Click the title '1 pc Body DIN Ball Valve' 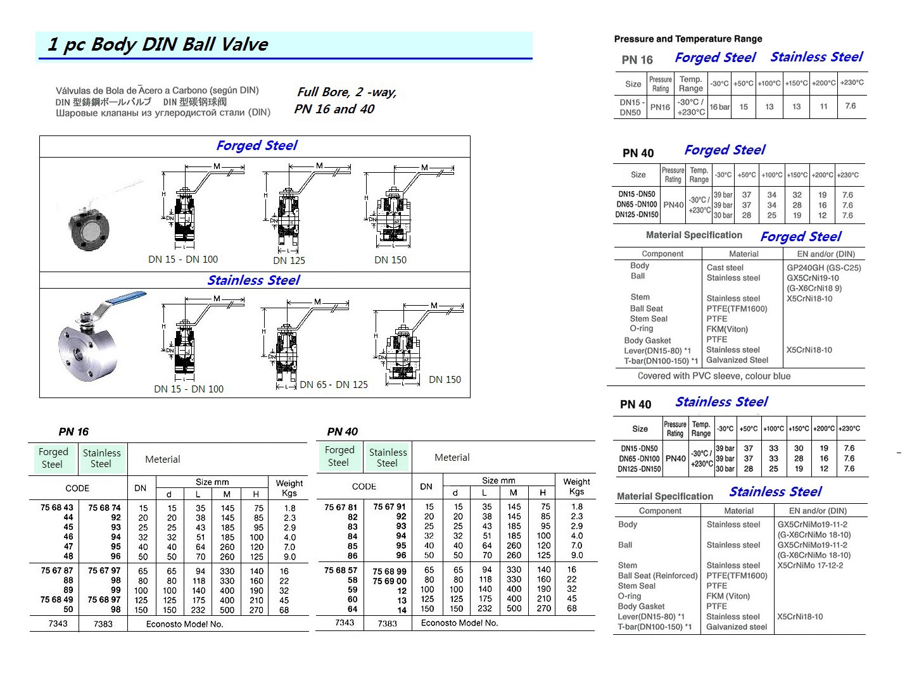coord(158,44)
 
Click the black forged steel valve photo coord(89,222)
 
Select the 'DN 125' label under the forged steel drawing coord(289,260)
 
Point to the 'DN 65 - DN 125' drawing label coord(334,385)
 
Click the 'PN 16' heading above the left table coord(73,432)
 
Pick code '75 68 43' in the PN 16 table coord(57,508)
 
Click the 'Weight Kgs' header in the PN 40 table coord(576,486)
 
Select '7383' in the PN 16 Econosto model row coord(103,624)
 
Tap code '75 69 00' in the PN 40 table coord(389,581)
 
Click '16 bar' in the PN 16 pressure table coord(719,107)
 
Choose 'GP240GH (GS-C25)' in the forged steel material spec coord(823,268)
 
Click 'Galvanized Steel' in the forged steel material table coord(737,360)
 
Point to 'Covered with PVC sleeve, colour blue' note coord(714,376)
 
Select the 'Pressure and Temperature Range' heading coord(688,39)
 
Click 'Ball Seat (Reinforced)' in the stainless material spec coord(657,576)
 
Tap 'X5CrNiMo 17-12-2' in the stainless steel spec coord(810,565)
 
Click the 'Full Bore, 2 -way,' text coord(346,92)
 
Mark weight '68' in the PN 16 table coord(284,610)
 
